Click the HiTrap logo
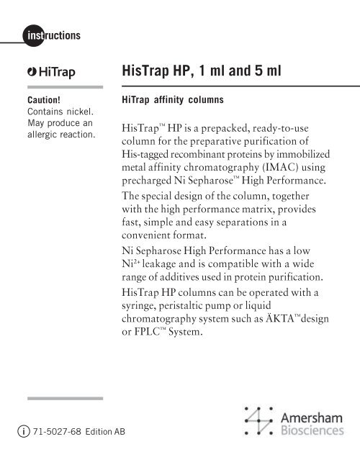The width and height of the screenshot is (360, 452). pyautogui.click(x=50, y=73)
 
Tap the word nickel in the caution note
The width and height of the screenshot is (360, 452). pyautogui.click(x=79, y=113)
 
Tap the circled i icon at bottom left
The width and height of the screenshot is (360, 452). pyautogui.click(x=22, y=430)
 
